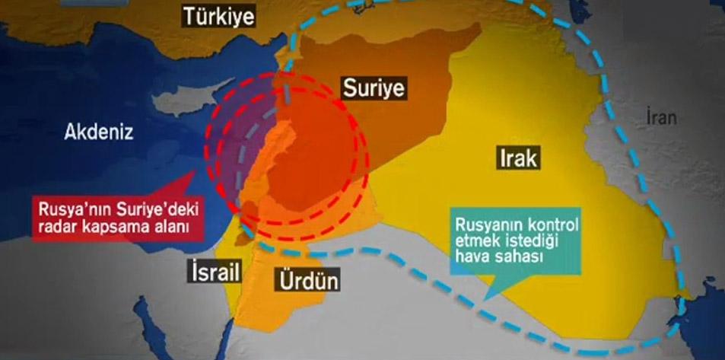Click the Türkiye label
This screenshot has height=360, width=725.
pyautogui.click(x=218, y=16)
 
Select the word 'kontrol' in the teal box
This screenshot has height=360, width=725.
pyautogui.click(x=550, y=225)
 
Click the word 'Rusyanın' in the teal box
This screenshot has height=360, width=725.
pyautogui.click(x=487, y=225)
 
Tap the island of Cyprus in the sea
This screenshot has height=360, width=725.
pyautogui.click(x=183, y=103)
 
